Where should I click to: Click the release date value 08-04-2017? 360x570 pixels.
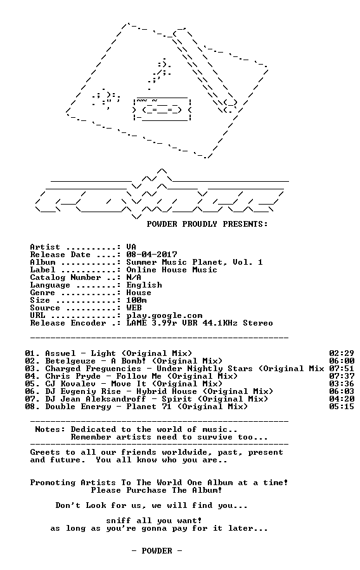click(151, 255)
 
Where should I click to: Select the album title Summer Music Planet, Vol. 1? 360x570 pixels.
click(195, 262)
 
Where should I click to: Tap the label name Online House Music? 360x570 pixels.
click(172, 270)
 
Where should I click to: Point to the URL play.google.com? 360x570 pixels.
click(164, 315)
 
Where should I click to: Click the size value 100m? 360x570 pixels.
click(137, 300)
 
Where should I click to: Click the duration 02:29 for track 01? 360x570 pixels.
click(342, 353)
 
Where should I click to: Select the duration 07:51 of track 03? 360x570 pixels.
click(342, 369)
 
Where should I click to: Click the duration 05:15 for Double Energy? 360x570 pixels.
click(342, 407)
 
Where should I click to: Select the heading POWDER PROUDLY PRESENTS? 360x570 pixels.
click(207, 224)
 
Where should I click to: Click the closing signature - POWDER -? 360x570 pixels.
click(157, 551)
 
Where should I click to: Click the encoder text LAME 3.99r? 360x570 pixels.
click(151, 323)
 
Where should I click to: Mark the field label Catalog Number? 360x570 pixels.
click(65, 277)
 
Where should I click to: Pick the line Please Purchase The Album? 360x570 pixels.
click(157, 490)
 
